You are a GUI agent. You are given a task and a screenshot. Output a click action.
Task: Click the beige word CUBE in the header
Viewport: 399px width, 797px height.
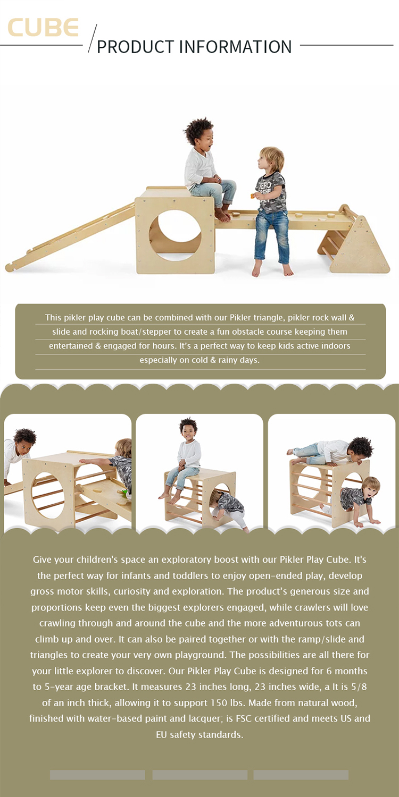click(43, 28)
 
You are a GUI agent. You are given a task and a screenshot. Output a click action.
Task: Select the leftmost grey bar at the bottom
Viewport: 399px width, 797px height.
click(97, 775)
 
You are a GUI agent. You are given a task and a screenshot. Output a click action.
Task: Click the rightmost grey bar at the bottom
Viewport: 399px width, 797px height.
click(301, 775)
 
